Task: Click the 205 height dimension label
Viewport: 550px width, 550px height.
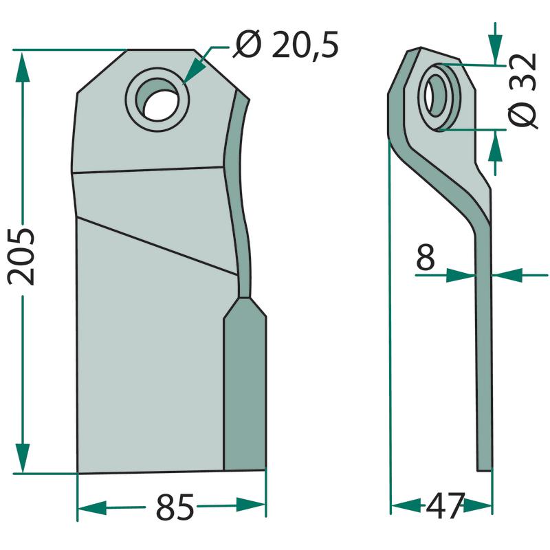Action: click(x=22, y=256)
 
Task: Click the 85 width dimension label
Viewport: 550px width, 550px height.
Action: click(x=175, y=507)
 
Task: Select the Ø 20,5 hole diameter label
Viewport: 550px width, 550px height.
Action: click(x=285, y=45)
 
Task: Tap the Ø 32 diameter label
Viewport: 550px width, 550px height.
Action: click(x=522, y=91)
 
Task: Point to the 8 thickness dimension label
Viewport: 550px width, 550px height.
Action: click(x=425, y=257)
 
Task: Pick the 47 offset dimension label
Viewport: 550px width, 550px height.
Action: click(x=445, y=505)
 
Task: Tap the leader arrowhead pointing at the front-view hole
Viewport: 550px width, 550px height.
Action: click(x=192, y=71)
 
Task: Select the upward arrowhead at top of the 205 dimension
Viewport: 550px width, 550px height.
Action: click(x=22, y=67)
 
